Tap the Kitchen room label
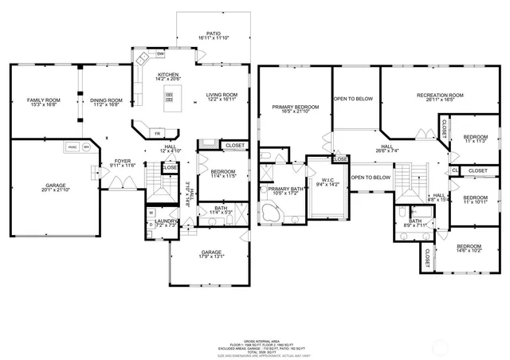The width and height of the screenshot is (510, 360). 169,76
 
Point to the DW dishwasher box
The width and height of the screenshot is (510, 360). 160,53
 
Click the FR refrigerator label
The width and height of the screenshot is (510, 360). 157,132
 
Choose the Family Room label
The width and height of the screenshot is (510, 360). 44,102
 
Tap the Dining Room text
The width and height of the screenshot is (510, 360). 106,102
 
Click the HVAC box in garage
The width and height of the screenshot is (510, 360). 71,148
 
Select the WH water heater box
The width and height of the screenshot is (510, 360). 86,148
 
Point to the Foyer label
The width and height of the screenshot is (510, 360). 122,162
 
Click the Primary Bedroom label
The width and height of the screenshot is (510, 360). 295,109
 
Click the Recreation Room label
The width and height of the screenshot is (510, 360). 440,98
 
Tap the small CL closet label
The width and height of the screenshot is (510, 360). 454,170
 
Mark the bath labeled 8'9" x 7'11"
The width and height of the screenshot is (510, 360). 415,224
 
